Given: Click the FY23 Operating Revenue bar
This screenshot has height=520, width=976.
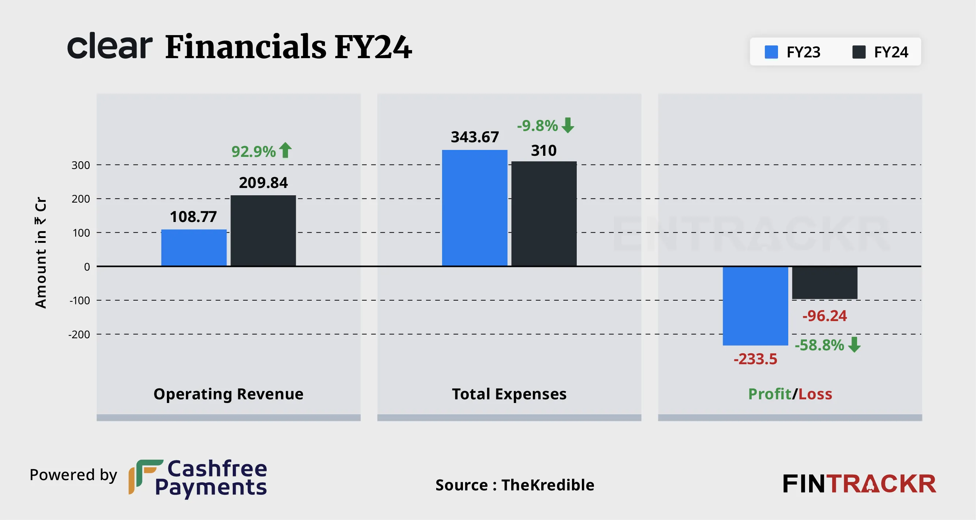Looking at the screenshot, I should pos(194,248).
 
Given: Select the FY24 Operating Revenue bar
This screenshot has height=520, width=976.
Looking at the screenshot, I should pos(263,231).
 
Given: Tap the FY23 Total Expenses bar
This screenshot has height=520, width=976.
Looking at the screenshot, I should pos(474,208).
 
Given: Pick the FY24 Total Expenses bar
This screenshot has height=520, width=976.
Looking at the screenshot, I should pos(544,214).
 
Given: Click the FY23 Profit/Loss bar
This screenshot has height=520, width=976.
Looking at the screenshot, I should pos(755,306).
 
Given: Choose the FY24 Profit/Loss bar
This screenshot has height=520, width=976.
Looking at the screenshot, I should pos(824,283).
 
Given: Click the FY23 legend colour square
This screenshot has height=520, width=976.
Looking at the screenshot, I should pos(771,52).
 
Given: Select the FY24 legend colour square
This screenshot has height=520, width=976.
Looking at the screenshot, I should pos(859,52).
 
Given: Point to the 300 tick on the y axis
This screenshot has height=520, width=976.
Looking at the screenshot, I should pos(81,165).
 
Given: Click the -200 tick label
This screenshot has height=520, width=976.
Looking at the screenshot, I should pos(79,335).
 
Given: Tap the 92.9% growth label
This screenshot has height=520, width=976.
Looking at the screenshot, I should pos(254,151).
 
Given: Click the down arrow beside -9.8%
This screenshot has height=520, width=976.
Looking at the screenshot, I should pos(568,125).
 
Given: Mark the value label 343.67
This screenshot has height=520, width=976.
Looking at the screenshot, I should pos(475,137).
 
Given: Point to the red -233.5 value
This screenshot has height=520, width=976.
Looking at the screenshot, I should pos(755,359).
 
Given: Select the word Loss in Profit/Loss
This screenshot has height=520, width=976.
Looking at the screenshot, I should pos(815,394).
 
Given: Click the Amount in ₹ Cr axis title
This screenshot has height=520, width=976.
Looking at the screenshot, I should pos(41,253).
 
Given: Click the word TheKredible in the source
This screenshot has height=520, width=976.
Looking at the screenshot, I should pos(547,485).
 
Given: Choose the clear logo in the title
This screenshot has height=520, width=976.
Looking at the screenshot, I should pos(110,46).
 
